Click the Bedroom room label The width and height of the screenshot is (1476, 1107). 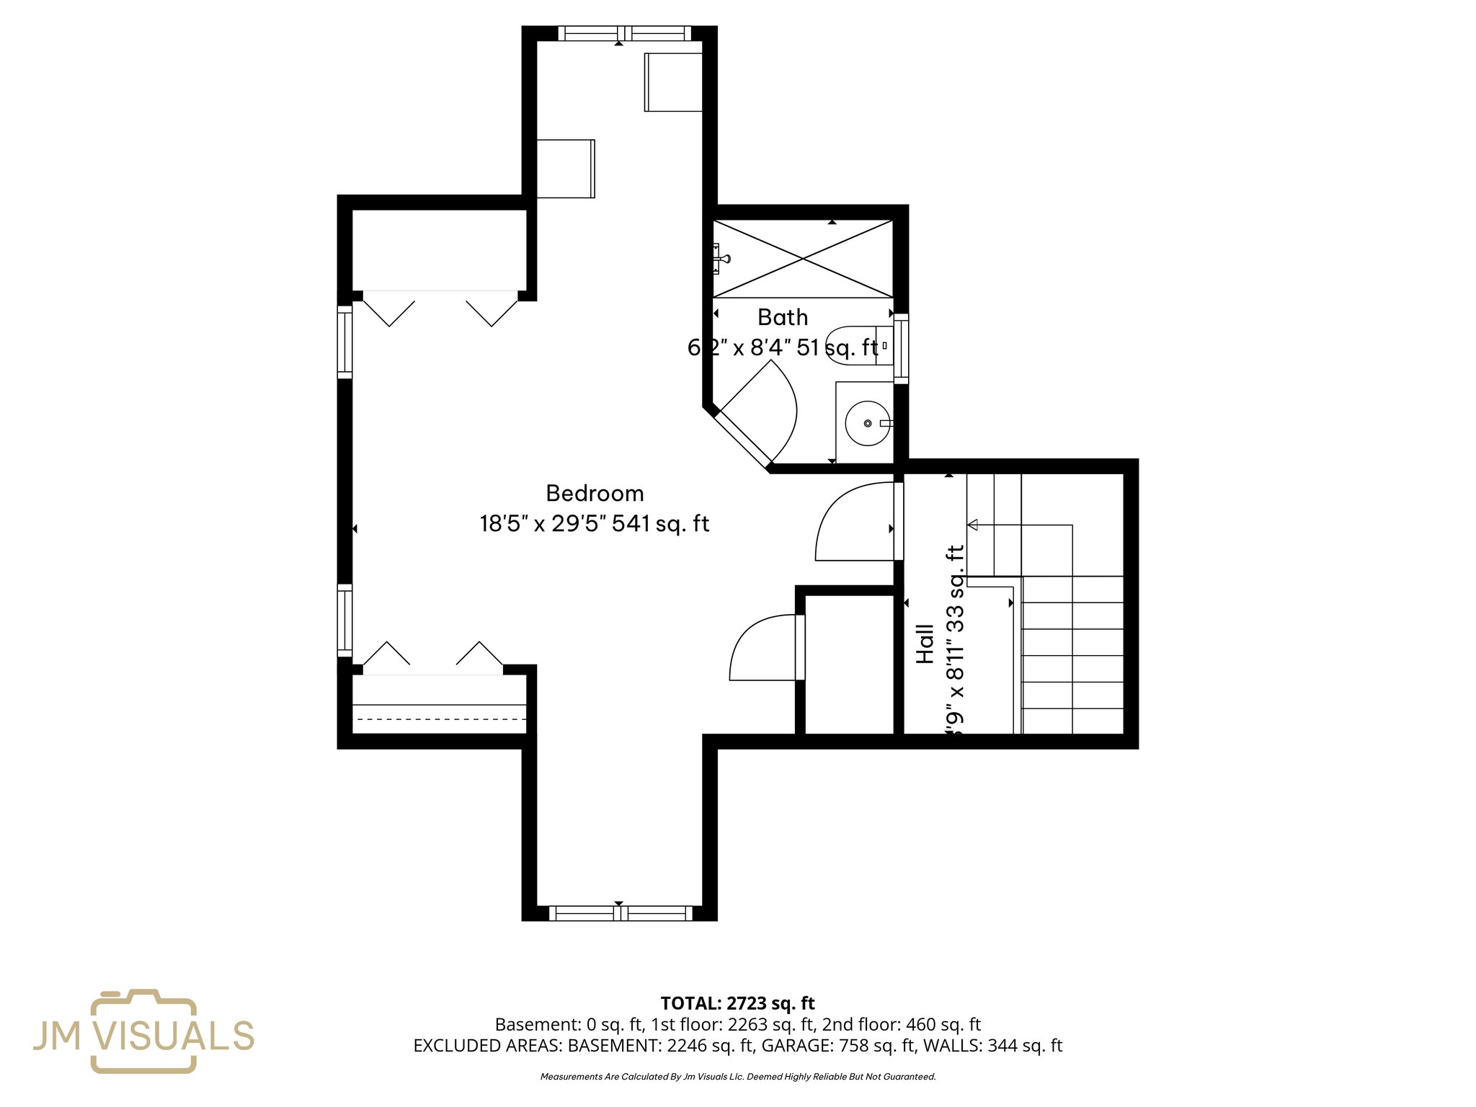[x=595, y=494]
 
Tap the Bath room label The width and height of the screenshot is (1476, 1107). [x=783, y=318]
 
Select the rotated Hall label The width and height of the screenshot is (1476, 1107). [x=925, y=644]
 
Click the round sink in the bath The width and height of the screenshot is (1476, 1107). [x=867, y=423]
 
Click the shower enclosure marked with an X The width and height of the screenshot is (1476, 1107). [x=803, y=258]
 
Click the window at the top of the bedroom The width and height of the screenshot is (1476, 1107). [x=624, y=33]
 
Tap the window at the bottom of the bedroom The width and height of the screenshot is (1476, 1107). [x=621, y=913]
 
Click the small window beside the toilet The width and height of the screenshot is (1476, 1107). [x=900, y=348]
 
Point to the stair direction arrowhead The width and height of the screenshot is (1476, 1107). [x=973, y=525]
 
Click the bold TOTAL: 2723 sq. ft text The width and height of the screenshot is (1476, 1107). [x=737, y=1003]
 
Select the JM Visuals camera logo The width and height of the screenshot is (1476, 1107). [x=143, y=1031]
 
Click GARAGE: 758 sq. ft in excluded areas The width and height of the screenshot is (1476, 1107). [x=838, y=1046]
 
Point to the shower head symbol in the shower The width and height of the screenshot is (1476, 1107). [x=722, y=258]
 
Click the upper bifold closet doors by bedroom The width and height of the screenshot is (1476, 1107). [x=440, y=308]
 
